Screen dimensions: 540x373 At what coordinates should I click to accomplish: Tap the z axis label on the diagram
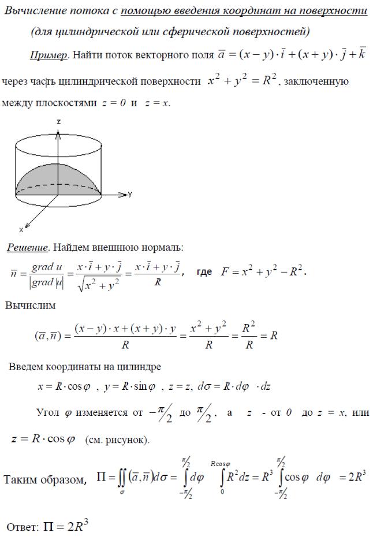tap(59, 122)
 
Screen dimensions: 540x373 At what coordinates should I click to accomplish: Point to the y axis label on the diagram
tap(130, 195)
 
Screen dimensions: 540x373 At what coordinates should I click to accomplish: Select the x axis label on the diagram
tap(21, 230)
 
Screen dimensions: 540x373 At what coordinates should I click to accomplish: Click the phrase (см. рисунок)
tap(117, 440)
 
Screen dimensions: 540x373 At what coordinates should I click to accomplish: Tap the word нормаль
tap(159, 248)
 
